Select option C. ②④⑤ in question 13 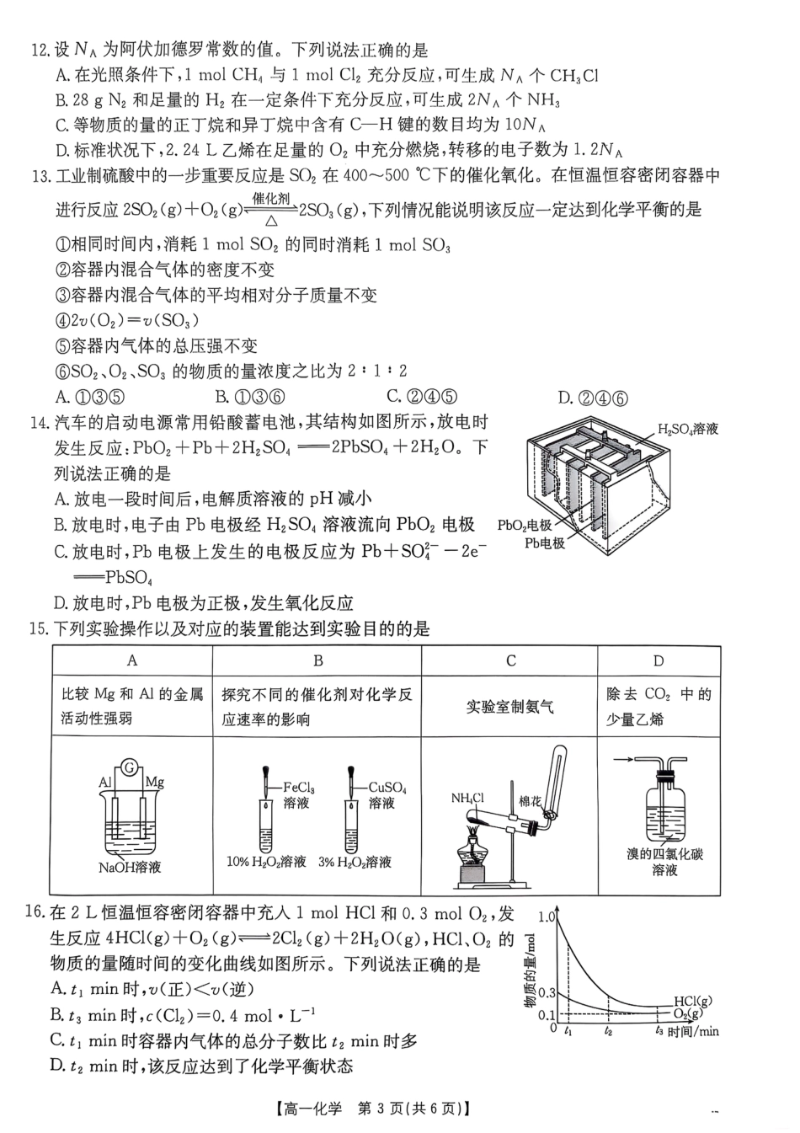(422, 396)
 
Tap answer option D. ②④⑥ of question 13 (592, 398)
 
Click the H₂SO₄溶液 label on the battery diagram (687, 429)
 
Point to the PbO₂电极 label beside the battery (524, 525)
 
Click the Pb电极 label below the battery (544, 543)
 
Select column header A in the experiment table (132, 660)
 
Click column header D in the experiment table (659, 660)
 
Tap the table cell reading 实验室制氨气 (509, 707)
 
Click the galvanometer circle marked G (129, 767)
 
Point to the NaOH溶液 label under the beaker (130, 867)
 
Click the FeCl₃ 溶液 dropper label (297, 795)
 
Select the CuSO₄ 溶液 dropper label (387, 795)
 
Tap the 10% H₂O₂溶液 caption (266, 862)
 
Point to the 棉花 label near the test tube (531, 801)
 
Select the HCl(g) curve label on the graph (692, 1001)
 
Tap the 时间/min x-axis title (693, 1030)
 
